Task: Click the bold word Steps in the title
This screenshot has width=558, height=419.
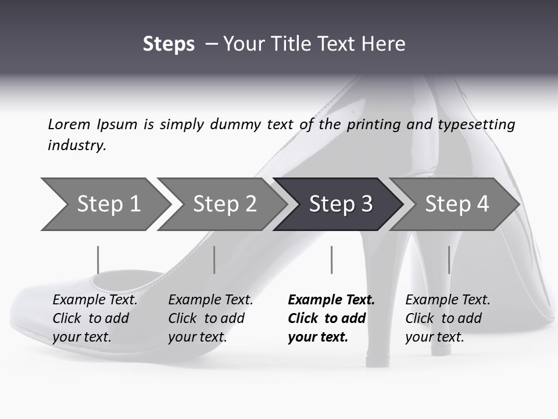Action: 169,44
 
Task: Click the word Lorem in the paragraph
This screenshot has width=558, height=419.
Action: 69,125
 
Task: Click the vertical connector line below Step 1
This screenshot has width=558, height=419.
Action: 98,260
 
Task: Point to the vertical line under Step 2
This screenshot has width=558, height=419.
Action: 214,260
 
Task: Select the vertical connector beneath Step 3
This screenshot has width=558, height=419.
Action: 331,260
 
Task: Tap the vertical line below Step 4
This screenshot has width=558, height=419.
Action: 449,260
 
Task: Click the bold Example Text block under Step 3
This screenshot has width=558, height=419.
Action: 331,318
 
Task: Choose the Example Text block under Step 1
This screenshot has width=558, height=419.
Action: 95,318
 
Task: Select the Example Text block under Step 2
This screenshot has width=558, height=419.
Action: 210,318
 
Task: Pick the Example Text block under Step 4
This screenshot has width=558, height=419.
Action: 448,318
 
